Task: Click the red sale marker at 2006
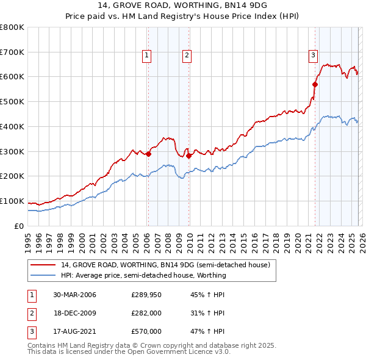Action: coord(148,154)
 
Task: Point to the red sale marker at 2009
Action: coord(188,156)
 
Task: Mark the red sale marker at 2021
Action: coord(315,84)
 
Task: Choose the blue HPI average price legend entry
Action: coord(143,275)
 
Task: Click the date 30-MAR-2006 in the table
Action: coord(74,295)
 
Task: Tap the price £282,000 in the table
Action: coord(146,313)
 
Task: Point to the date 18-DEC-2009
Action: coord(74,313)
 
